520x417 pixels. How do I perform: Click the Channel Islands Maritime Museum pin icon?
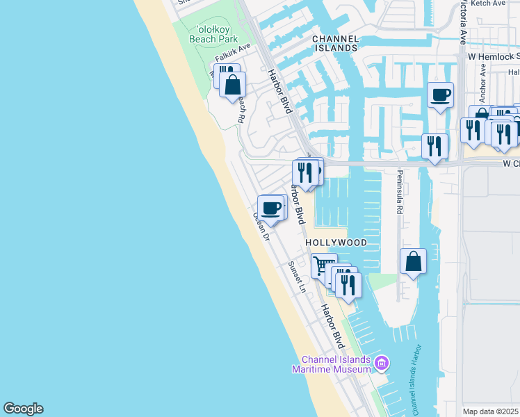[381, 363]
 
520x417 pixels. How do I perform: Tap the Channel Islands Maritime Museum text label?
[336, 364]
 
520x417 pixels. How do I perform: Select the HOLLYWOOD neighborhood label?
[336, 243]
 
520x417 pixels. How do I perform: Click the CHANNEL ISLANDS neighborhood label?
[335, 43]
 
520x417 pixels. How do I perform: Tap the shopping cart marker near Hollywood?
[323, 266]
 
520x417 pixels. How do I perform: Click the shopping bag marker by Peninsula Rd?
[413, 262]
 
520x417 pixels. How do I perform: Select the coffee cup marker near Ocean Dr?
[271, 208]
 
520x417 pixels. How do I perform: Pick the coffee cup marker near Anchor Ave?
[439, 95]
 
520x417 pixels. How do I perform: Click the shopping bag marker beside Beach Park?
[233, 86]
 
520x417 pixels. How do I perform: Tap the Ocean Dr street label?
[261, 226]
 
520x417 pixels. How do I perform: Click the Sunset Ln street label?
[297, 277]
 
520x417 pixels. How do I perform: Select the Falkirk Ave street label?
[232, 56]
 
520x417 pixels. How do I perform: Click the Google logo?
[23, 409]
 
